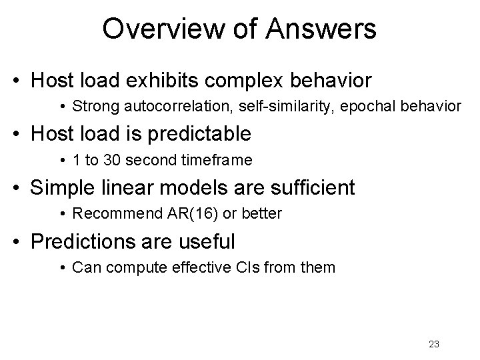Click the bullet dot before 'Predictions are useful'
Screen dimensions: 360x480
21,242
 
